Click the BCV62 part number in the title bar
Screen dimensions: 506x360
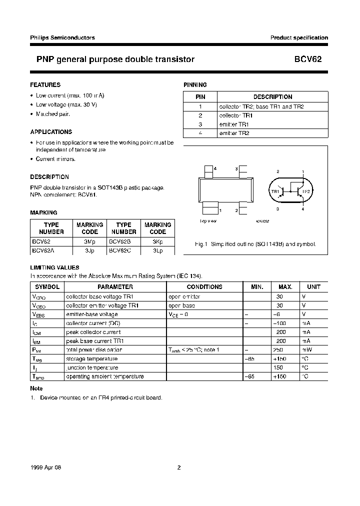(x=311, y=59)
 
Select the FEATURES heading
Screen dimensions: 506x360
(x=45, y=85)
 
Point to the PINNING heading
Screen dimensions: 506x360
(x=195, y=85)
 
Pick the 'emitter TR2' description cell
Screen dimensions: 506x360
(x=234, y=133)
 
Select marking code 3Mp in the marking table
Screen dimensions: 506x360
(x=89, y=241)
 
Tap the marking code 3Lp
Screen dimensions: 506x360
(x=157, y=250)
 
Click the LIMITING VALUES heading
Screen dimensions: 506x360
(x=54, y=267)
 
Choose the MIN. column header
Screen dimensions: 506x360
(x=256, y=287)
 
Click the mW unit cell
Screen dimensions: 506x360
(x=306, y=350)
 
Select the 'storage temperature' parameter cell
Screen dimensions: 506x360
(x=92, y=358)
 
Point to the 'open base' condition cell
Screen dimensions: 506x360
(x=182, y=305)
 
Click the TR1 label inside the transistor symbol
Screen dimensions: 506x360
(x=275, y=191)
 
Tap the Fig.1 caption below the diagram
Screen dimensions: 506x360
(x=255, y=244)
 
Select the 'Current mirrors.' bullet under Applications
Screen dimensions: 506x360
(x=55, y=159)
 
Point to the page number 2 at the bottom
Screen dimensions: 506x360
(x=178, y=468)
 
